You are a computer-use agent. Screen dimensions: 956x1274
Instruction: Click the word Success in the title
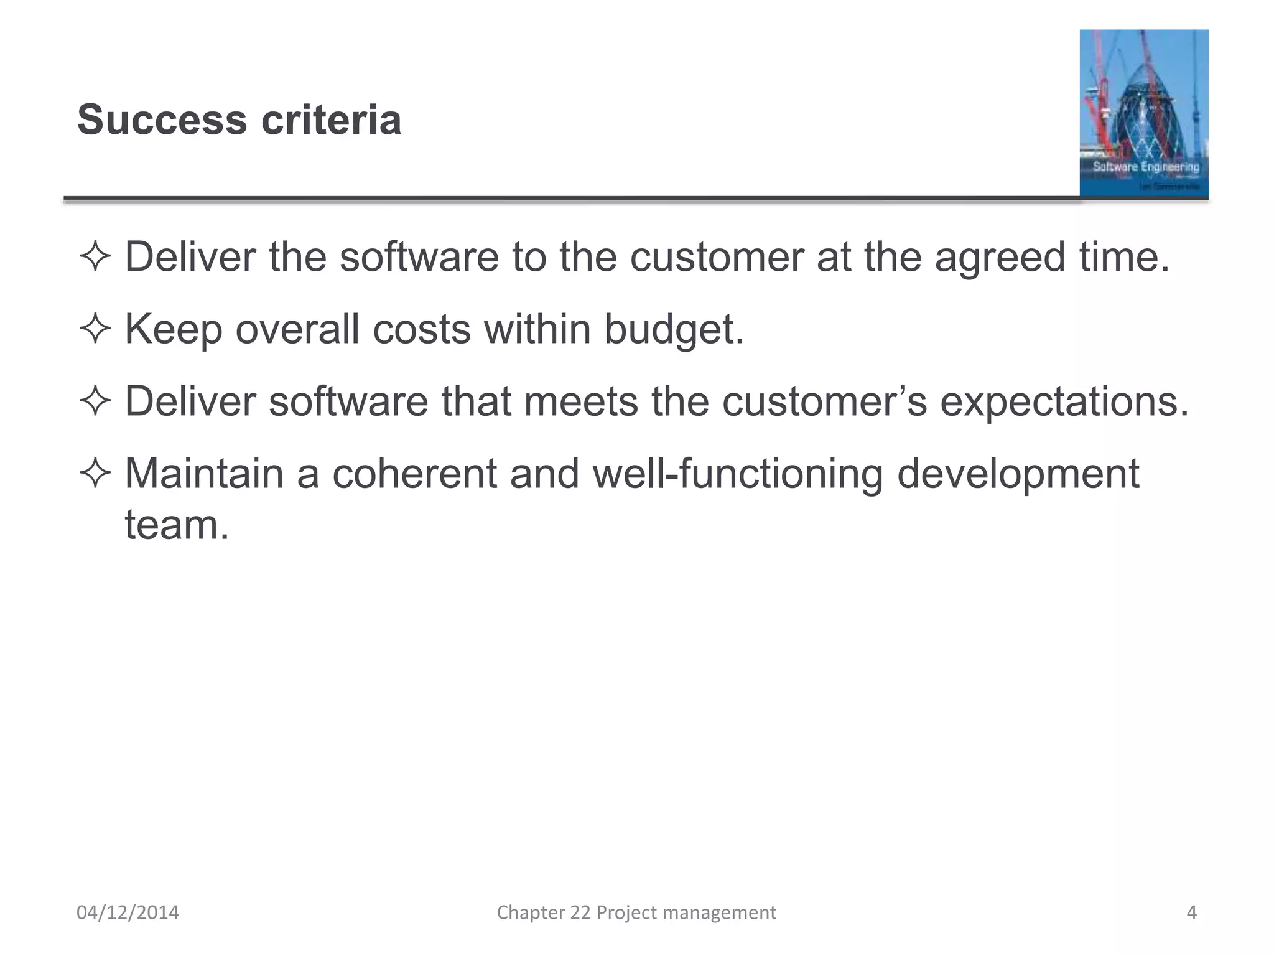(162, 119)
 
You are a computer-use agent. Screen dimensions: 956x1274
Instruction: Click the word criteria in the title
(332, 119)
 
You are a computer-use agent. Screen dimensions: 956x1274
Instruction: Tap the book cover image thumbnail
(1143, 113)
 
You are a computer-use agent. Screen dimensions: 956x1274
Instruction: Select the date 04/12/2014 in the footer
(128, 912)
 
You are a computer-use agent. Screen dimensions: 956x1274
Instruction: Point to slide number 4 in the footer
(1191, 912)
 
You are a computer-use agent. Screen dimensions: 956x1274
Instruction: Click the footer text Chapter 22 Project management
(636, 912)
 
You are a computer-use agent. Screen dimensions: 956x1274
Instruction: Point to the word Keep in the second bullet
(174, 329)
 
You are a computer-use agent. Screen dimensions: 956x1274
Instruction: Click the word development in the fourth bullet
(1018, 475)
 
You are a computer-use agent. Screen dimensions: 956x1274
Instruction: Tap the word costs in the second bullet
(422, 329)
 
